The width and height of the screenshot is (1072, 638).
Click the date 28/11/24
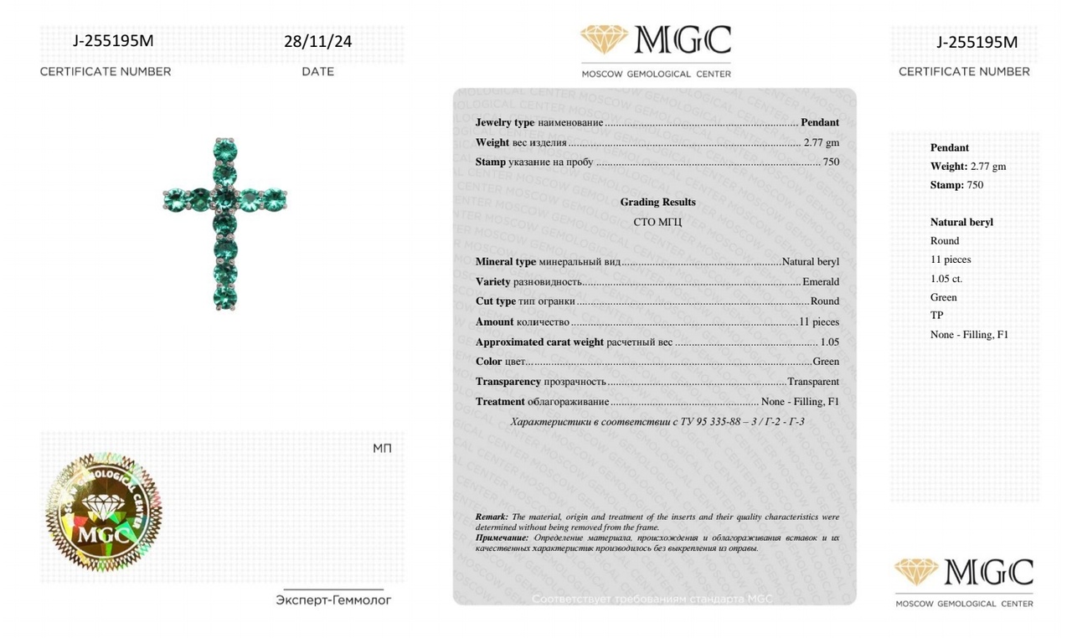click(x=317, y=41)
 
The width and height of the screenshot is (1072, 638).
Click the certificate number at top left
click(x=113, y=41)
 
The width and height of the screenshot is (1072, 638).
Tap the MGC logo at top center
click(x=656, y=41)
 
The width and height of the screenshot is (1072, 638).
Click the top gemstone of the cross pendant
click(x=225, y=150)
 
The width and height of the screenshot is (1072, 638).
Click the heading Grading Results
click(x=657, y=202)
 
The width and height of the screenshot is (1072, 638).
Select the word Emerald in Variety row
click(x=820, y=281)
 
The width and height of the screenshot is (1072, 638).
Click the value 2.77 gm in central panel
click(x=821, y=142)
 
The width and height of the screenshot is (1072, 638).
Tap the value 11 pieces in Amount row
click(x=818, y=322)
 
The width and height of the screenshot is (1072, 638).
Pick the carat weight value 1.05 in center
click(x=829, y=342)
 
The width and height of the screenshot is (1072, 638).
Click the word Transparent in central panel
click(x=812, y=382)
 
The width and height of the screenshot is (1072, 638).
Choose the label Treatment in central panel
click(x=500, y=402)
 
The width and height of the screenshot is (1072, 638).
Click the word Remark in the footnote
click(x=492, y=517)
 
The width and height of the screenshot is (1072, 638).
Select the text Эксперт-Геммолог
click(x=333, y=600)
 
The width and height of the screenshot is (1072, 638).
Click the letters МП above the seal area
click(x=382, y=449)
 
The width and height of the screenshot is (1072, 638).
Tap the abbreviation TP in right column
click(x=936, y=316)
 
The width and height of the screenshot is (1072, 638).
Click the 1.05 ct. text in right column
click(x=946, y=278)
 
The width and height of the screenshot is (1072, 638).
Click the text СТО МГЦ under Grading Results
click(x=657, y=222)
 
